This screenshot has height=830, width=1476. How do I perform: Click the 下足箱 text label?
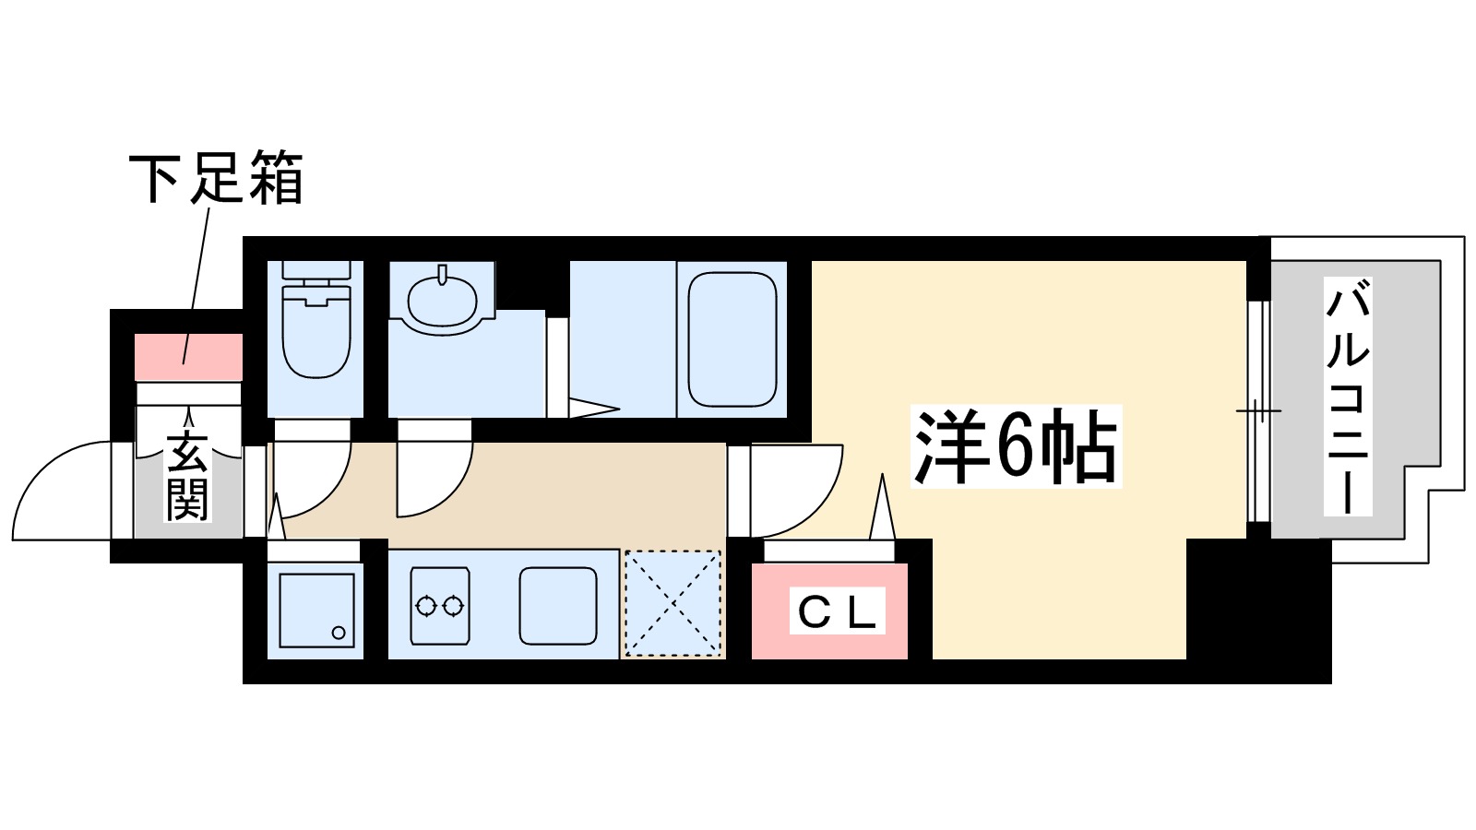click(216, 178)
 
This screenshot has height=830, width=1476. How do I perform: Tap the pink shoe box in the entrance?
click(188, 357)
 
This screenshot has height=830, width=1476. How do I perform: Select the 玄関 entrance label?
click(187, 476)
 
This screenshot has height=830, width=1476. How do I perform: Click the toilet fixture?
click(315, 332)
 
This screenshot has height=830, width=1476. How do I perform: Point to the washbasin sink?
click(443, 298)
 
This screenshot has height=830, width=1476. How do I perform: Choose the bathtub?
click(732, 338)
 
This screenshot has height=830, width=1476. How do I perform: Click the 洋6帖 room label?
click(1015, 447)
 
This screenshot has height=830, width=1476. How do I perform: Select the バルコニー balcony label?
click(1347, 397)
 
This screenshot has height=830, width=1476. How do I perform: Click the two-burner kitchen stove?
click(439, 606)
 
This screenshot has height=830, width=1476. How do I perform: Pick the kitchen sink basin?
click(557, 605)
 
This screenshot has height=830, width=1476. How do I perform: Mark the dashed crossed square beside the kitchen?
click(673, 604)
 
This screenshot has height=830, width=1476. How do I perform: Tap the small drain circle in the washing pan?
click(339, 633)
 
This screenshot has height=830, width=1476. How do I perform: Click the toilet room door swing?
click(312, 475)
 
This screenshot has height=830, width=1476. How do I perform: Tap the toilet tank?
click(315, 271)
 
